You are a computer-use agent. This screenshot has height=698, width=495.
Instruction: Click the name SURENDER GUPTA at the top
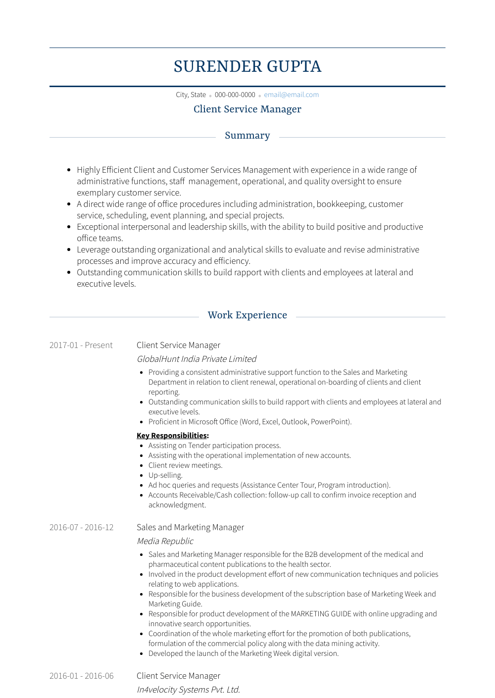tap(247, 66)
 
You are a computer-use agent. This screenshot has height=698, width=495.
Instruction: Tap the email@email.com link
tap(291, 95)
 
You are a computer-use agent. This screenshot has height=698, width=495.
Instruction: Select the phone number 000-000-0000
tap(235, 95)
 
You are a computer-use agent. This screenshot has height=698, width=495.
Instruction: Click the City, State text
tap(191, 95)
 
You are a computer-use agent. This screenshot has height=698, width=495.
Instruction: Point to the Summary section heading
tap(247, 136)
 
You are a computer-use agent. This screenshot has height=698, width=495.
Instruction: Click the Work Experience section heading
tap(247, 315)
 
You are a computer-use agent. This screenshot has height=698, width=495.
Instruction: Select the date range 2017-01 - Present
tap(81, 345)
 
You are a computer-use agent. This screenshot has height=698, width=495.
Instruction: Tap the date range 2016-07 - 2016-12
tap(82, 527)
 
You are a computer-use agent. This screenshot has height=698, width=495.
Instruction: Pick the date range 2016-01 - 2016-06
tap(82, 676)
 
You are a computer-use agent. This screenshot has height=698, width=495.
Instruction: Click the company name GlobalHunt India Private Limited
tap(197, 359)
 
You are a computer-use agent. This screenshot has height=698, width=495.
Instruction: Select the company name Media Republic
tap(165, 541)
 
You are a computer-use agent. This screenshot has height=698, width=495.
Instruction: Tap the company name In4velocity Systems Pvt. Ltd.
tap(188, 690)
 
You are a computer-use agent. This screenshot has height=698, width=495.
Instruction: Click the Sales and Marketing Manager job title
tap(190, 527)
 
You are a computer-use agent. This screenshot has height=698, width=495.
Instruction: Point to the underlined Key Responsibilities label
tap(172, 436)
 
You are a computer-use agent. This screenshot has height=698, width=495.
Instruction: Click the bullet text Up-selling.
tap(165, 475)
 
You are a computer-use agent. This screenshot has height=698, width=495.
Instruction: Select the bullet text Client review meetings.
tap(185, 465)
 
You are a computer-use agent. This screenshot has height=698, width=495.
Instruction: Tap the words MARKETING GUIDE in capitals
tap(321, 614)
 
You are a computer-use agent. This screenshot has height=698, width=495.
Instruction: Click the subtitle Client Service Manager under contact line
tap(247, 109)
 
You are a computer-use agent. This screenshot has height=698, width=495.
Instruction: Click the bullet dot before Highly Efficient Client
tap(69, 170)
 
